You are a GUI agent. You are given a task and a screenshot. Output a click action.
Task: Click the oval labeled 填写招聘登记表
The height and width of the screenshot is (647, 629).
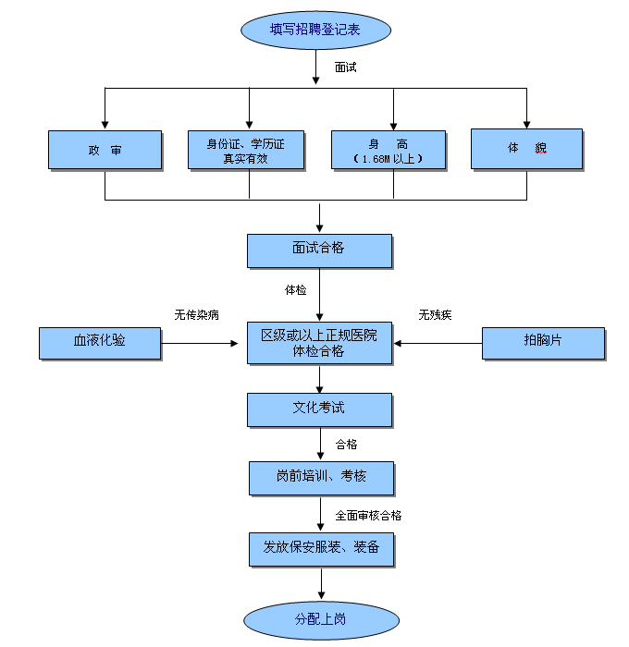pyautogui.click(x=314, y=29)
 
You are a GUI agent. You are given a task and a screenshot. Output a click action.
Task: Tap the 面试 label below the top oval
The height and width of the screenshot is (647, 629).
pyautogui.click(x=345, y=67)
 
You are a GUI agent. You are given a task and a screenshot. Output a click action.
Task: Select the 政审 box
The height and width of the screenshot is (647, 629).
pyautogui.click(x=105, y=149)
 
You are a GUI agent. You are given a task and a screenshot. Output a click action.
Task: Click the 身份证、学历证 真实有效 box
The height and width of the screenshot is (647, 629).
pyautogui.click(x=245, y=149)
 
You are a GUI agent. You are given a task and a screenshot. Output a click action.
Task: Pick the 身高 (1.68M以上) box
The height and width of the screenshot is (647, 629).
pyautogui.click(x=388, y=149)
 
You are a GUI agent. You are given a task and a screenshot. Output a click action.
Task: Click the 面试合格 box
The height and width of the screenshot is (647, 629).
pyautogui.click(x=319, y=250)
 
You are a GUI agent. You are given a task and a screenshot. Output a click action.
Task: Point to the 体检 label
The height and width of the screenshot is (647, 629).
pyautogui.click(x=295, y=290)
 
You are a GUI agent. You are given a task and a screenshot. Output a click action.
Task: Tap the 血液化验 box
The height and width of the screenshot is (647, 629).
pyautogui.click(x=100, y=342)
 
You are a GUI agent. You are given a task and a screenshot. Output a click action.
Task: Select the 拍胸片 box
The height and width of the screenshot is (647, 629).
pyautogui.click(x=543, y=342)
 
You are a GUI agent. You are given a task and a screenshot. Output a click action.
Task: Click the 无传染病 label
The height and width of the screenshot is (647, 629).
pyautogui.click(x=197, y=315)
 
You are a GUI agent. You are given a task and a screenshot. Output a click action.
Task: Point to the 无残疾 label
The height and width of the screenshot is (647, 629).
pyautogui.click(x=435, y=315)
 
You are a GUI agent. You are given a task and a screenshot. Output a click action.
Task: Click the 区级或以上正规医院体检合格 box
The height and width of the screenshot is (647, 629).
pyautogui.click(x=319, y=343)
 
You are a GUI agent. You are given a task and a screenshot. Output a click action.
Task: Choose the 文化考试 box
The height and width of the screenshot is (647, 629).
pyautogui.click(x=319, y=409)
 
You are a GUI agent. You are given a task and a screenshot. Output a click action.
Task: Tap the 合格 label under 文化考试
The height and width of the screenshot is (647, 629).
pyautogui.click(x=346, y=445)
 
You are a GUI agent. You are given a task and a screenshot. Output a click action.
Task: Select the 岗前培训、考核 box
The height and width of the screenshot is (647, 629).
pyautogui.click(x=321, y=477)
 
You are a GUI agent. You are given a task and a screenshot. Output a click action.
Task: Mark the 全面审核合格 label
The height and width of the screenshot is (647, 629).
pyautogui.click(x=368, y=516)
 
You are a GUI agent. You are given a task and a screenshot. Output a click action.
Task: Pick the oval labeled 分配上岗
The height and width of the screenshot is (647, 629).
pyautogui.click(x=320, y=618)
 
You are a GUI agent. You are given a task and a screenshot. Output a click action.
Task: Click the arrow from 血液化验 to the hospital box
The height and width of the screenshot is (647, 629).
pyautogui.click(x=199, y=343)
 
